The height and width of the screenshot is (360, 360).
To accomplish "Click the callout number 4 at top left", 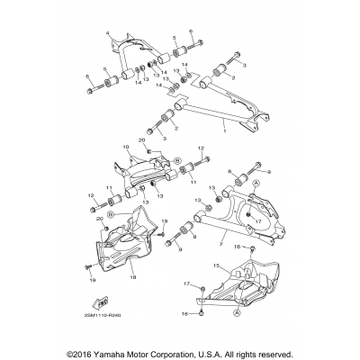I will pos(108,32).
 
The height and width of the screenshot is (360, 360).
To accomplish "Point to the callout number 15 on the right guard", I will pos(216,266).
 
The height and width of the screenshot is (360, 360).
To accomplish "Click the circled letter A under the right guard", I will pos(237,316).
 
